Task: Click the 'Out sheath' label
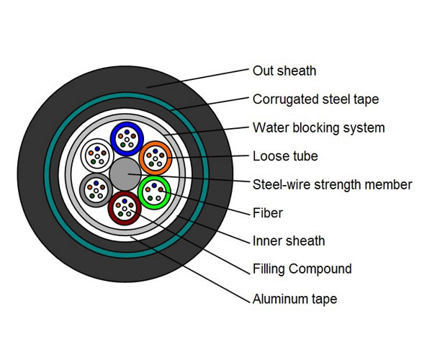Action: [284, 71]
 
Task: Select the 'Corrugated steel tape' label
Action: [316, 99]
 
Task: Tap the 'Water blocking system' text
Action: [319, 128]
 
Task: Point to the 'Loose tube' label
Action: [285, 156]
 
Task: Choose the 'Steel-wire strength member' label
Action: [332, 184]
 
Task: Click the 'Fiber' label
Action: [268, 213]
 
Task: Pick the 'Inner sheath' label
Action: [289, 241]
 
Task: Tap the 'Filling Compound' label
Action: [302, 269]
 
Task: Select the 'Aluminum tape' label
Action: [294, 299]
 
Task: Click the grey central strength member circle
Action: [125, 174]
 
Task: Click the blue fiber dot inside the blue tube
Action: [127, 132]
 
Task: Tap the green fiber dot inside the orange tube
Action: [151, 164]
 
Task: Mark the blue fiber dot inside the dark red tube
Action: [125, 201]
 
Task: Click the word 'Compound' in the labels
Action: [320, 269]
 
